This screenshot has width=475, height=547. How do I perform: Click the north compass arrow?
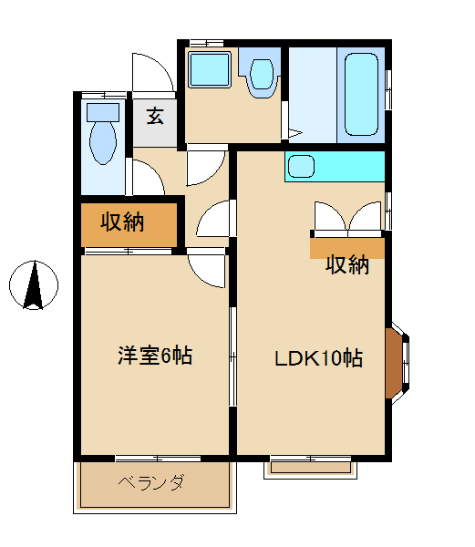(34, 284)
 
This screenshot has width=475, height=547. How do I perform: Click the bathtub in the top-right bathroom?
(361, 96)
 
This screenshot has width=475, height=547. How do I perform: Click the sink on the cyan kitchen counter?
(300, 167)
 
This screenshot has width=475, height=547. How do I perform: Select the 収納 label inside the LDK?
(347, 264)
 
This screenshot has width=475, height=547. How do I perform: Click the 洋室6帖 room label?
(154, 356)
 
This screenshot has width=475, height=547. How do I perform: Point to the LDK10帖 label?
(319, 358)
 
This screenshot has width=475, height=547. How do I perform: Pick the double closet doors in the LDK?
(347, 218)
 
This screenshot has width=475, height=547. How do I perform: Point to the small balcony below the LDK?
(311, 468)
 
